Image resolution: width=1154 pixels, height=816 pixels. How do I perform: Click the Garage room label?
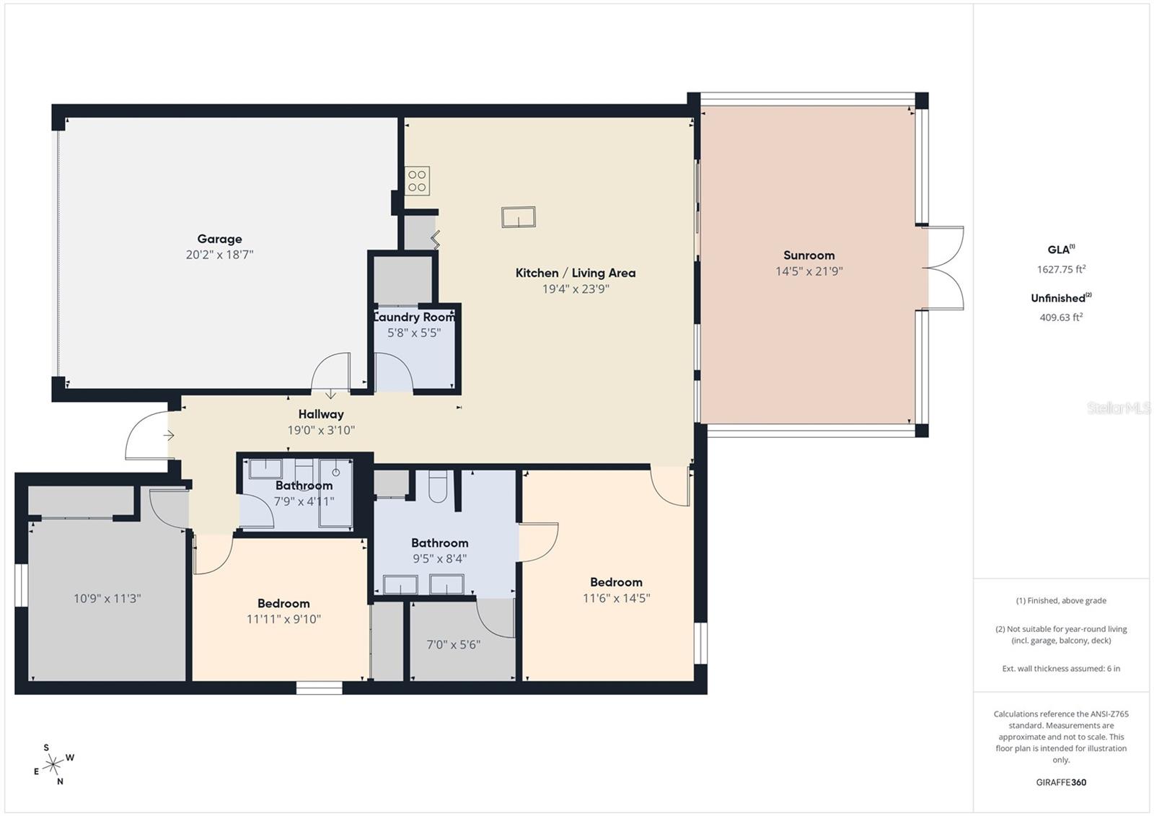(x=219, y=239)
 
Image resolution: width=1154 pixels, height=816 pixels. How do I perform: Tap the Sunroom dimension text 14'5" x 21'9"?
(x=809, y=271)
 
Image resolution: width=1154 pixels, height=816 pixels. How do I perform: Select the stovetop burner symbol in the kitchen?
(x=417, y=181)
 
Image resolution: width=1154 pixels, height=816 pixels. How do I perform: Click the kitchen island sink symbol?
(x=519, y=216)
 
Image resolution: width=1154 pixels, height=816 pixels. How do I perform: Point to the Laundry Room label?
(x=414, y=317)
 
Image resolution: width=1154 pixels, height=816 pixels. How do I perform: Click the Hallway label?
(x=321, y=414)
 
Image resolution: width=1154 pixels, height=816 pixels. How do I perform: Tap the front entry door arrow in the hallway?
(x=169, y=435)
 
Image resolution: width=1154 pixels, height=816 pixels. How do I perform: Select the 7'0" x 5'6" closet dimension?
(x=453, y=644)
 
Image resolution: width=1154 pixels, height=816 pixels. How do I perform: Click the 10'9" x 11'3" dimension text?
(x=107, y=598)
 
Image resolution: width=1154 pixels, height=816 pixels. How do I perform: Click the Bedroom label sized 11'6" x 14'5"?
(x=616, y=582)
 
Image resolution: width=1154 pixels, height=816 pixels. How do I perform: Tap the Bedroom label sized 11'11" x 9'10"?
(x=283, y=603)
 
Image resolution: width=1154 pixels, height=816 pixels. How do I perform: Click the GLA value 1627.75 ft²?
(x=1061, y=269)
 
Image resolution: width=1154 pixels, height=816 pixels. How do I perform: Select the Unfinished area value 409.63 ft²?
(x=1061, y=317)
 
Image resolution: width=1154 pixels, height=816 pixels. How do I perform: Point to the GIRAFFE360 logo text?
(x=1061, y=782)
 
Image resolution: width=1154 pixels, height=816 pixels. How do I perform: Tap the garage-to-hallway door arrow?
(x=330, y=394)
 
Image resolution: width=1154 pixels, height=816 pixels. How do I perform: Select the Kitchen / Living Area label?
(x=575, y=273)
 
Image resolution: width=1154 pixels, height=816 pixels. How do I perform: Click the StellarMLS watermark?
(x=1118, y=408)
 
